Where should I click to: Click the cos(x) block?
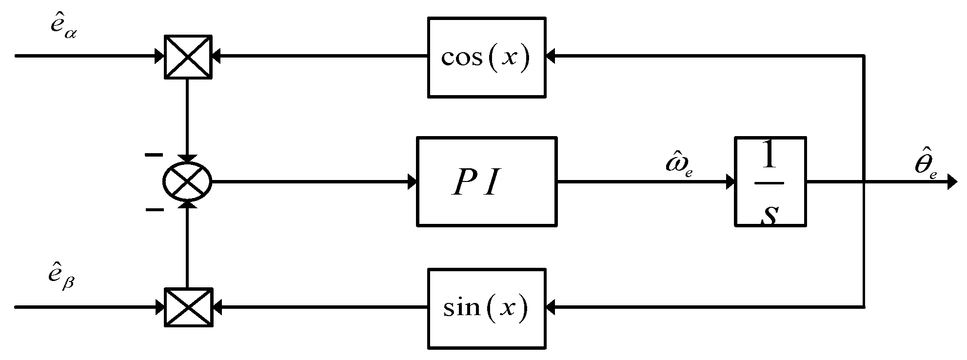pos(486,57)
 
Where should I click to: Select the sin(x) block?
pos(486,308)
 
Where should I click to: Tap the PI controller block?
pos(486,182)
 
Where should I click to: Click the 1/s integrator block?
pos(770,182)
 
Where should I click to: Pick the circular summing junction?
pos(187,182)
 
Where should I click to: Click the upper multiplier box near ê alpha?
pos(188,57)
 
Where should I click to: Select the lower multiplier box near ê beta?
pos(188,308)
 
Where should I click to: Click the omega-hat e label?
pos(679,165)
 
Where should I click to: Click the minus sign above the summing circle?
pos(154,155)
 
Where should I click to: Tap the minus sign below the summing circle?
pos(155,210)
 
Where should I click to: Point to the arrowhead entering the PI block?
pos(413,182)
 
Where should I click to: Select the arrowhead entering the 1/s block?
pos(730,182)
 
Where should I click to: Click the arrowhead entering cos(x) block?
pos(551,57)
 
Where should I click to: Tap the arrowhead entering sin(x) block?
pos(551,308)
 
